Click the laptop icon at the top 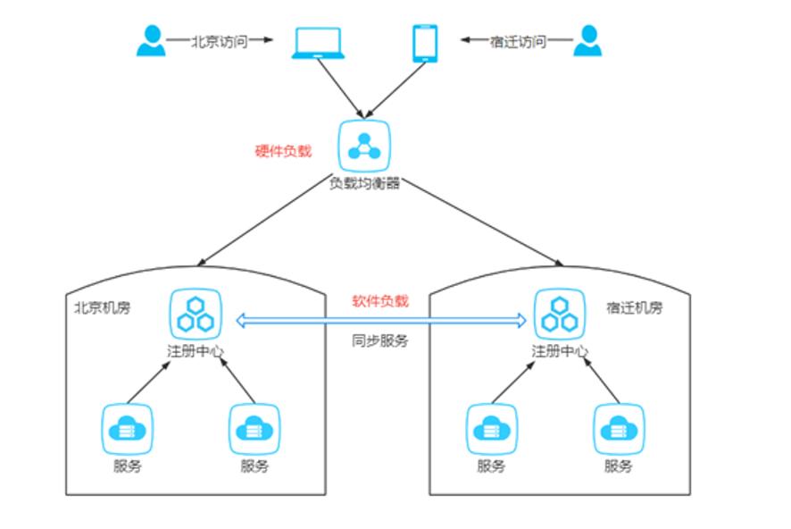click(x=318, y=44)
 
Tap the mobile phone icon click(x=425, y=44)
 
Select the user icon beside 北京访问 click(x=152, y=40)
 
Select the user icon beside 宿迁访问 click(x=587, y=40)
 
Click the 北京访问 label click(x=219, y=41)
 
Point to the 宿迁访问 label click(x=518, y=41)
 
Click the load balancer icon click(x=364, y=146)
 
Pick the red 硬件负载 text click(x=283, y=150)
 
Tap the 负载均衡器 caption click(x=364, y=182)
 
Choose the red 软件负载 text click(x=379, y=301)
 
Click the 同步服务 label click(x=379, y=340)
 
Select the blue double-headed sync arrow click(x=381, y=320)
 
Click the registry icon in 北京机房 click(x=196, y=314)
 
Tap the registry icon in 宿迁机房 click(x=560, y=314)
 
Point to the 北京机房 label click(x=103, y=307)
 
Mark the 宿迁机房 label click(x=635, y=307)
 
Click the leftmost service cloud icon click(x=127, y=430)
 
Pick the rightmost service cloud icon click(x=619, y=430)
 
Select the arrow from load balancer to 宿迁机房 click(x=482, y=223)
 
